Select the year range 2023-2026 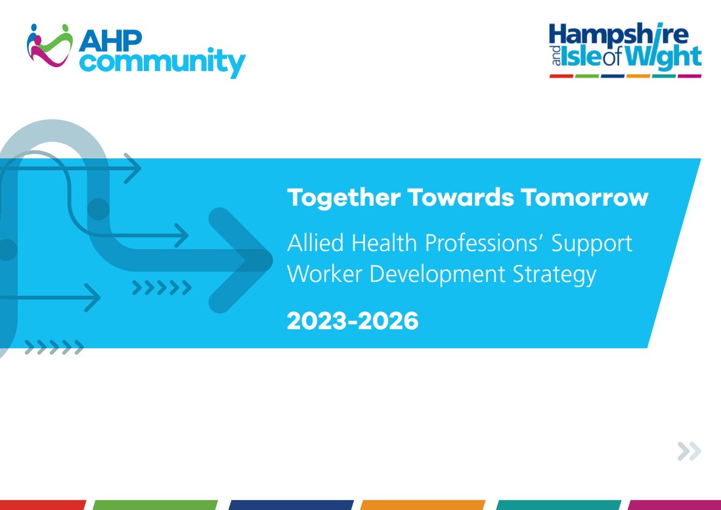[353, 321]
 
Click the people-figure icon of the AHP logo [49, 45]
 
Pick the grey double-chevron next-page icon [689, 451]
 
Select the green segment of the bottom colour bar [155, 505]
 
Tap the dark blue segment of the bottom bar [291, 505]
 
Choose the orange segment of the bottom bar [422, 505]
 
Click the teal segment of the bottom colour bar [558, 505]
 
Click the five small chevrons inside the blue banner [162, 287]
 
